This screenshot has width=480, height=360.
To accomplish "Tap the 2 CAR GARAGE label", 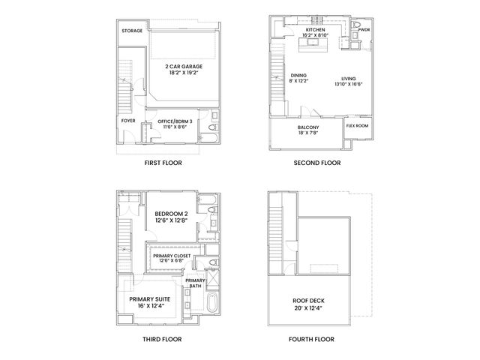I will point(184,67).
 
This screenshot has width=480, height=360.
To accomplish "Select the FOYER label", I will point(128,120).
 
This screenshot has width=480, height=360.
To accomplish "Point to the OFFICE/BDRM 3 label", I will point(175,121).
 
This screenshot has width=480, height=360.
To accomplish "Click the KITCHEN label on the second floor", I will point(316,30).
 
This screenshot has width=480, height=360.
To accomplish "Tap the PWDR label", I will point(364,30).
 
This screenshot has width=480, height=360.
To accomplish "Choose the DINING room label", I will point(298,76).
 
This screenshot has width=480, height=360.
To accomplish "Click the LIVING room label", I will point(348,78).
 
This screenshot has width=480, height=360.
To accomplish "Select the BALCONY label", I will point(310,127).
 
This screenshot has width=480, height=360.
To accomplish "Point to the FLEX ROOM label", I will point(357,125).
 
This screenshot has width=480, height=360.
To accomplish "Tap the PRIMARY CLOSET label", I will point(172,256).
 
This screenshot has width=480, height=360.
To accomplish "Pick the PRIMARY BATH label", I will point(195,283).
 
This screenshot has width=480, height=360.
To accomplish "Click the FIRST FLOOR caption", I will point(162,163).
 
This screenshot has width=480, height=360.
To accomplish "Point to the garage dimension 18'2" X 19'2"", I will point(184,73).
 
